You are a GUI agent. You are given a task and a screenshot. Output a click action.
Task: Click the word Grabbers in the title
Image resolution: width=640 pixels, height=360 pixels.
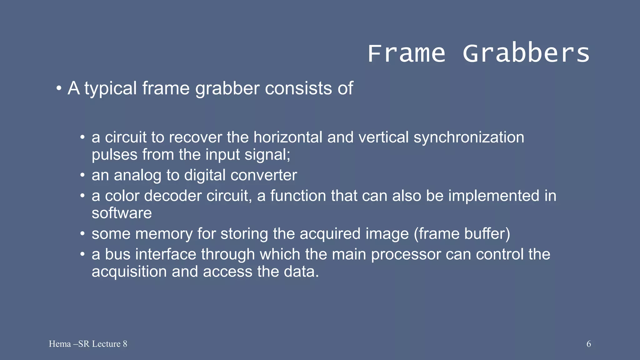click(x=526, y=53)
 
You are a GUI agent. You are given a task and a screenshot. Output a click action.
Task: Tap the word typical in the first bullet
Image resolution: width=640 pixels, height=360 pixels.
click(x=111, y=88)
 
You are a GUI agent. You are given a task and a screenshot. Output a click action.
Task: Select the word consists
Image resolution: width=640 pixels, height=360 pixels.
click(x=298, y=88)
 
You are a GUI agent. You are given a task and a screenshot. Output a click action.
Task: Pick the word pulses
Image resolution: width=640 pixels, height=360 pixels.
click(x=114, y=155)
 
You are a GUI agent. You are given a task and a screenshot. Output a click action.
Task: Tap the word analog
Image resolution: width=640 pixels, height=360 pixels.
click(x=137, y=175)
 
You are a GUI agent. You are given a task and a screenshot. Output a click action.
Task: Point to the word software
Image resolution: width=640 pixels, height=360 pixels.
click(x=122, y=213)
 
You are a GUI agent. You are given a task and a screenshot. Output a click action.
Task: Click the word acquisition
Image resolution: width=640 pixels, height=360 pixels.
click(x=129, y=272)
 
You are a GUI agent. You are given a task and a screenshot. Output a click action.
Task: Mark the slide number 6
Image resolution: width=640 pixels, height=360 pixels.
click(x=588, y=344)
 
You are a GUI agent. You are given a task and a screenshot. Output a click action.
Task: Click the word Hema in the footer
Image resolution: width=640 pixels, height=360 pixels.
click(x=60, y=344)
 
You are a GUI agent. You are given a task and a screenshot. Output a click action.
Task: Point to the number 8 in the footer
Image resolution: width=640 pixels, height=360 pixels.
click(x=125, y=344)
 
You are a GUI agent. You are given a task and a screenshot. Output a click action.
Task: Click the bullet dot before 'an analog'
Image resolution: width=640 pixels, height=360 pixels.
click(x=82, y=175)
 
